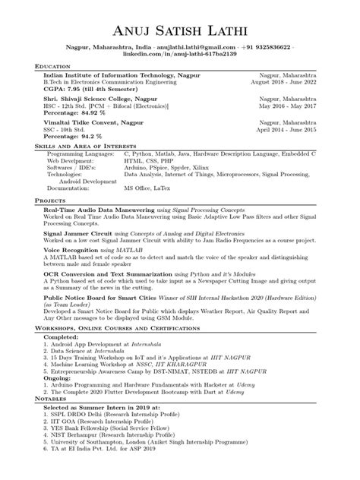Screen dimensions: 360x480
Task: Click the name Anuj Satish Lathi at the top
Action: click(x=179, y=31)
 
